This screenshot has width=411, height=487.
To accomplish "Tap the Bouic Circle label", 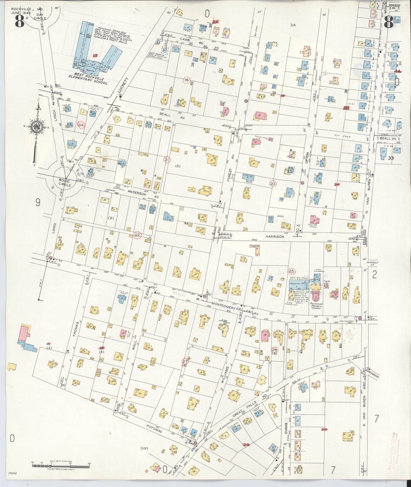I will click(65, 183).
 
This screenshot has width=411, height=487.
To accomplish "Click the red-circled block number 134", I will click(81, 125).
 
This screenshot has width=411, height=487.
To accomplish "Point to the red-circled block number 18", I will click(187, 80).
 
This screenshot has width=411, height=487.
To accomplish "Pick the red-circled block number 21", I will click(167, 160).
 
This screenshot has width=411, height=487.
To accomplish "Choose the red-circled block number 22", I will click(137, 235).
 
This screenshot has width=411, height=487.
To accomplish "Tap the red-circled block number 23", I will click(273, 184).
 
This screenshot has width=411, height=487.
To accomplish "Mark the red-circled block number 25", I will click(292, 271).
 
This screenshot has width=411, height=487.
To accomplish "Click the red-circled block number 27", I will click(185, 361).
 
